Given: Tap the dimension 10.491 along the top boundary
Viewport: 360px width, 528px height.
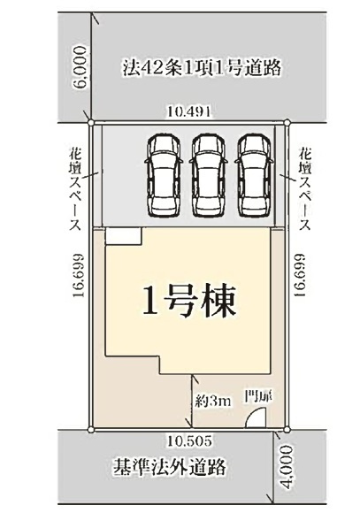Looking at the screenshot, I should tap(189, 112).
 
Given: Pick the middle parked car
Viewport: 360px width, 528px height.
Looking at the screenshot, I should tap(208, 174).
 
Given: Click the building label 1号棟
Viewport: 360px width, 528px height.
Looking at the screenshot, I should tap(188, 303).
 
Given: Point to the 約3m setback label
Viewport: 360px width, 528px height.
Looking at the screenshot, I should tap(213, 400).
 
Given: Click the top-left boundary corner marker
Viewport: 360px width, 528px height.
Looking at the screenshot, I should tap(92, 122).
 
